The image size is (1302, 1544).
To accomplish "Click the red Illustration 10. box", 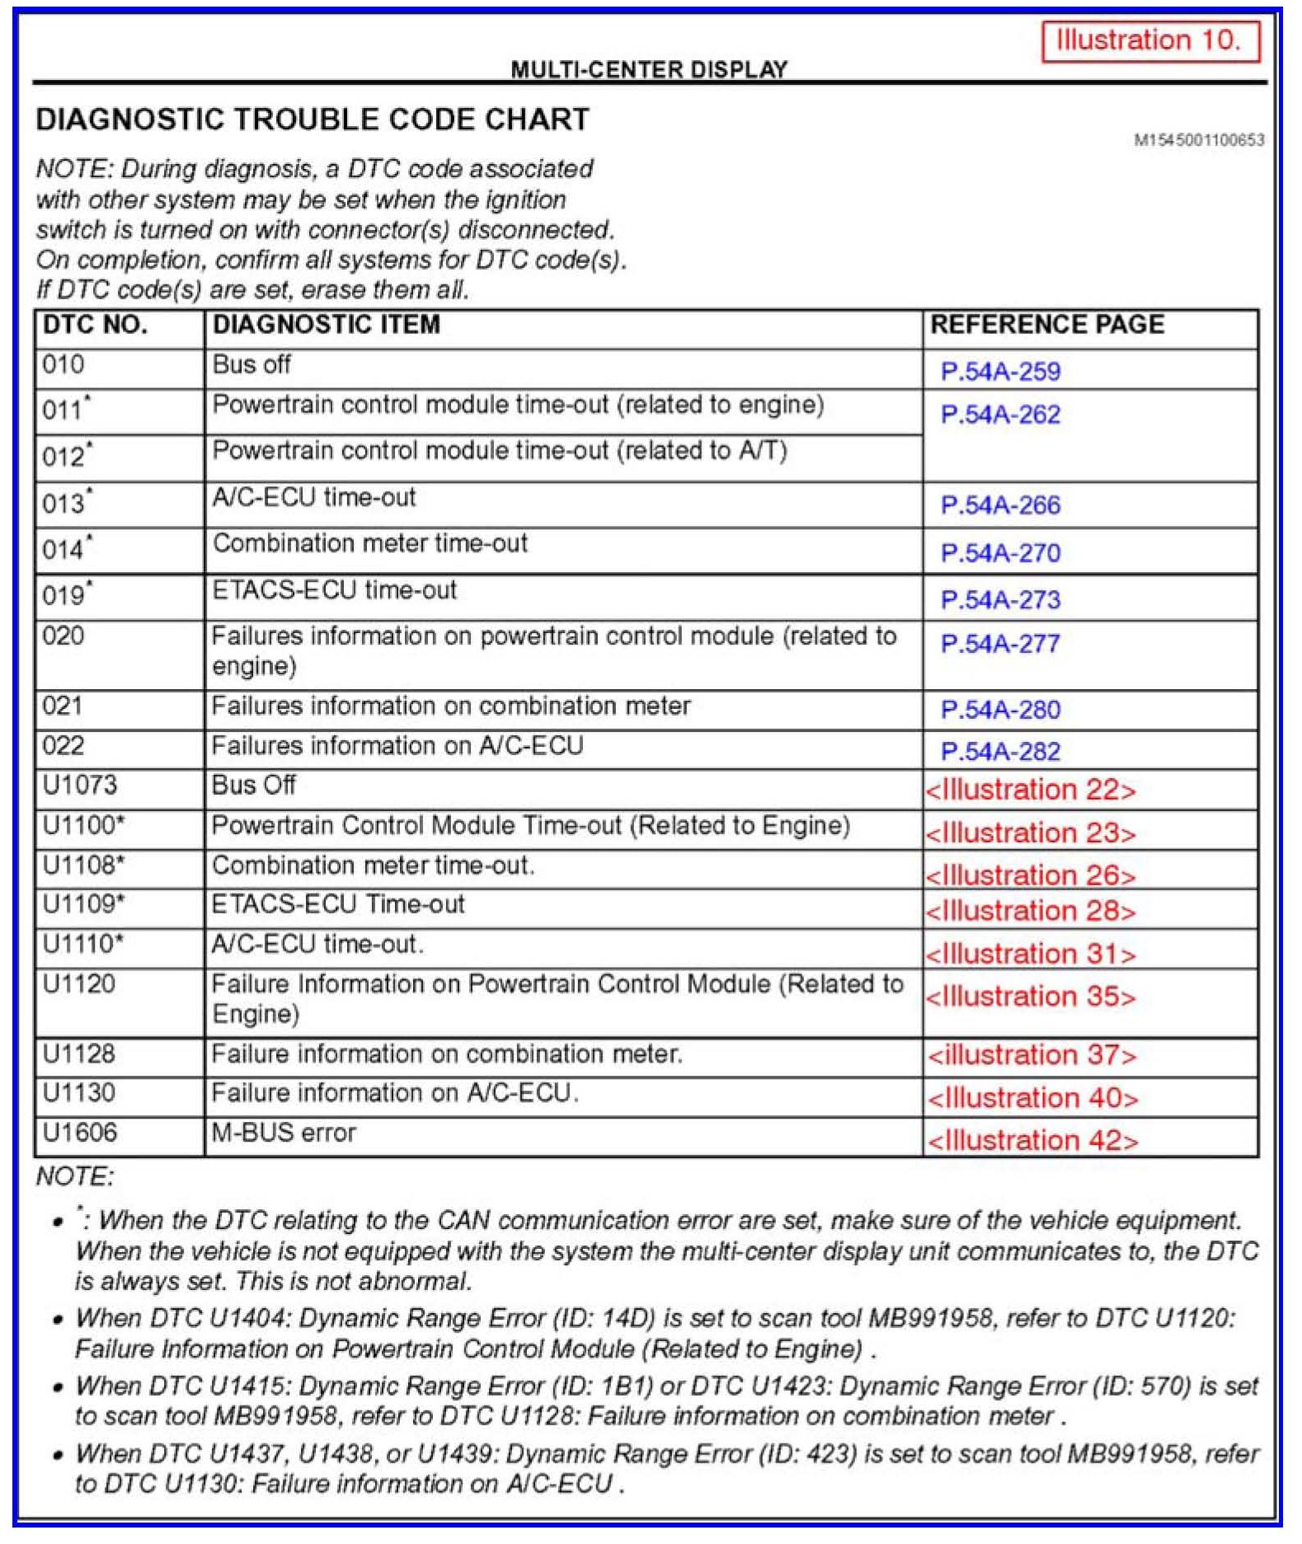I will click(1150, 40).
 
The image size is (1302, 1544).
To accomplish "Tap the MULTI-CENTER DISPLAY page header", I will click(649, 69).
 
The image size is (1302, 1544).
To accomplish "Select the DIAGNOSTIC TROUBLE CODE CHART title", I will click(313, 120).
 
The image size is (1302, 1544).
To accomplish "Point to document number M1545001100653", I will click(1199, 140).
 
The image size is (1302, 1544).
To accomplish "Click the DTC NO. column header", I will click(95, 325).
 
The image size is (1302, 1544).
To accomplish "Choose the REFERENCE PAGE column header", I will click(1047, 325).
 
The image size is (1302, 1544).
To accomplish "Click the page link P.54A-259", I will click(1000, 372).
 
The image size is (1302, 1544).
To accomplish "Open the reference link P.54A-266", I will click(1000, 505).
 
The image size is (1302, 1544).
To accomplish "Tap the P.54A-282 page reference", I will click(1000, 751).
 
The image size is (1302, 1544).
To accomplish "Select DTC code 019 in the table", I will click(66, 595).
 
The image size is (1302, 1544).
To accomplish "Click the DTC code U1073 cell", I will click(80, 785).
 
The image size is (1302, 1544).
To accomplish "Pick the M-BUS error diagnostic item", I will click(284, 1133).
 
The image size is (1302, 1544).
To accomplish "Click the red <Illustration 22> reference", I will click(1031, 790).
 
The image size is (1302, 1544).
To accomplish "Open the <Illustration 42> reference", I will click(1032, 1140).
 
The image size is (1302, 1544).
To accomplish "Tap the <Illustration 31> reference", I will click(1031, 954).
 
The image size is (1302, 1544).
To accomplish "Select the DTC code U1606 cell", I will click(80, 1133).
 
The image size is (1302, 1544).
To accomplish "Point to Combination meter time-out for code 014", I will click(370, 543).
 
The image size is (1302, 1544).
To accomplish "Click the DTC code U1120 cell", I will click(79, 984).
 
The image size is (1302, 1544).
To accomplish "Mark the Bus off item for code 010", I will click(251, 364).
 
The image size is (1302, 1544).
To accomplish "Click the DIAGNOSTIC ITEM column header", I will click(327, 325).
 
